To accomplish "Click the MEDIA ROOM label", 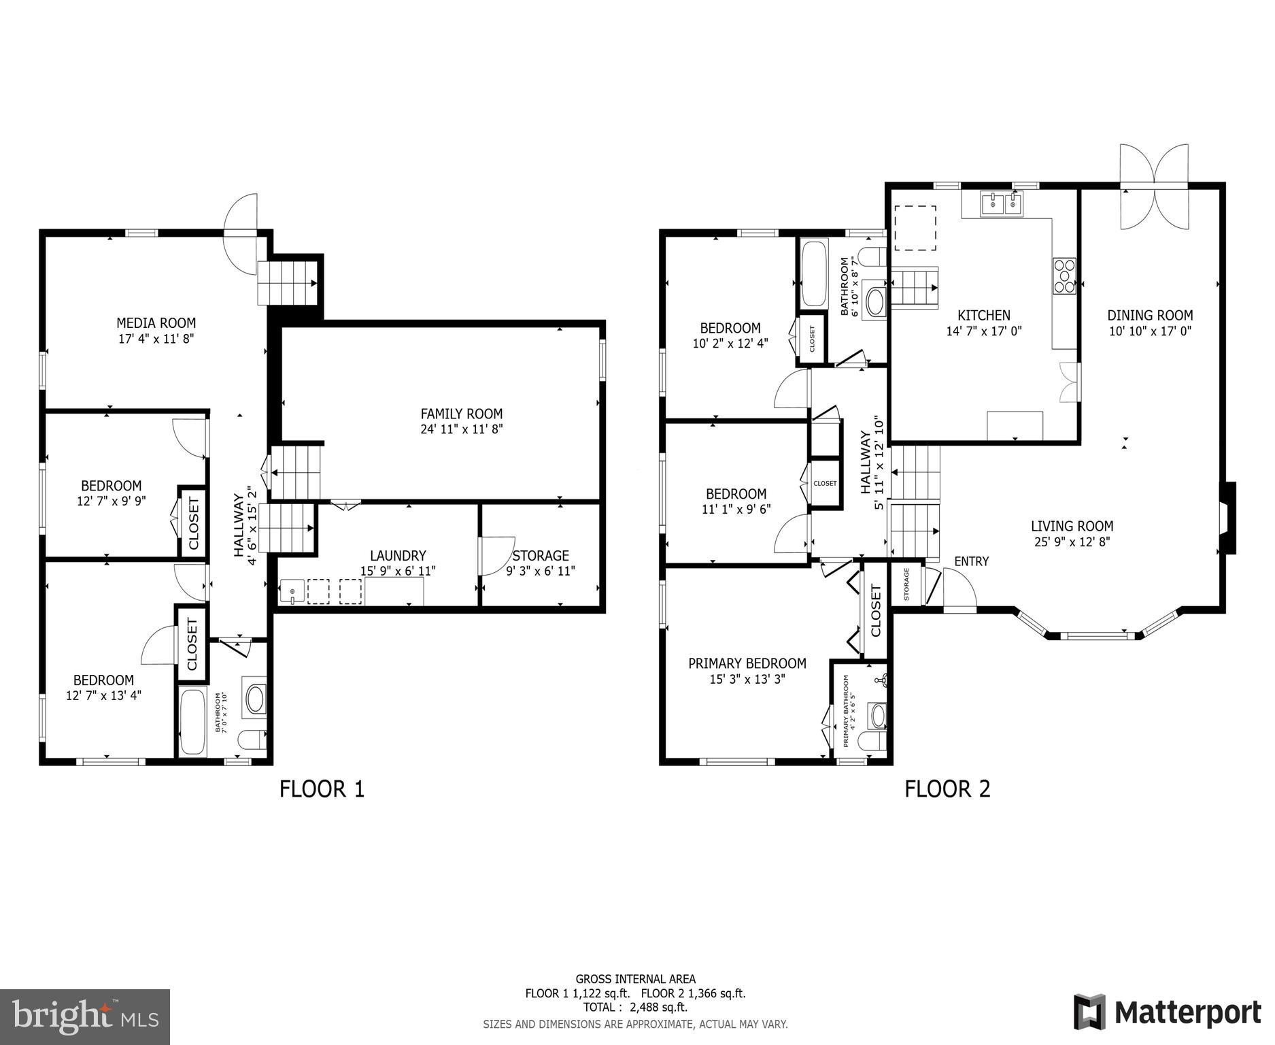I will coord(156,323).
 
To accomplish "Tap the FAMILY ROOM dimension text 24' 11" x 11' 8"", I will coord(461,429).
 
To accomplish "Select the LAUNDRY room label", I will coord(398,556).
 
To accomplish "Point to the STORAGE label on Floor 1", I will coord(541,556).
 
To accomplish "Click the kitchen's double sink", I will coord(1002,203).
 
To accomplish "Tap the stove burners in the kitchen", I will coord(1064,276).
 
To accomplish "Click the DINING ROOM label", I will coord(1150,315).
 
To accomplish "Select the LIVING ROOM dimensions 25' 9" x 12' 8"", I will coord(1072,542).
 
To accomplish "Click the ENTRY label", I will coord(971,561).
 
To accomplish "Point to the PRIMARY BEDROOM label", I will coord(747,663).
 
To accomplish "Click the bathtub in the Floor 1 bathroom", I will coord(192,722).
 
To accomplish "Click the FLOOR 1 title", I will coord(322,789).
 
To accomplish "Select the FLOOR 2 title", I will coord(947,789).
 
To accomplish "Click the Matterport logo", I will coord(1167,1012).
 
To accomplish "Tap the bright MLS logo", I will coord(85,1017).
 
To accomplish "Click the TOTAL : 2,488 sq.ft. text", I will coord(634,1007).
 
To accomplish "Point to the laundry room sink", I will coord(292,592).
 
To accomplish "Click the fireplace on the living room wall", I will coord(1227,518).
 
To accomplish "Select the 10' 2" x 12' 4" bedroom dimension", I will coord(730,344).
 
